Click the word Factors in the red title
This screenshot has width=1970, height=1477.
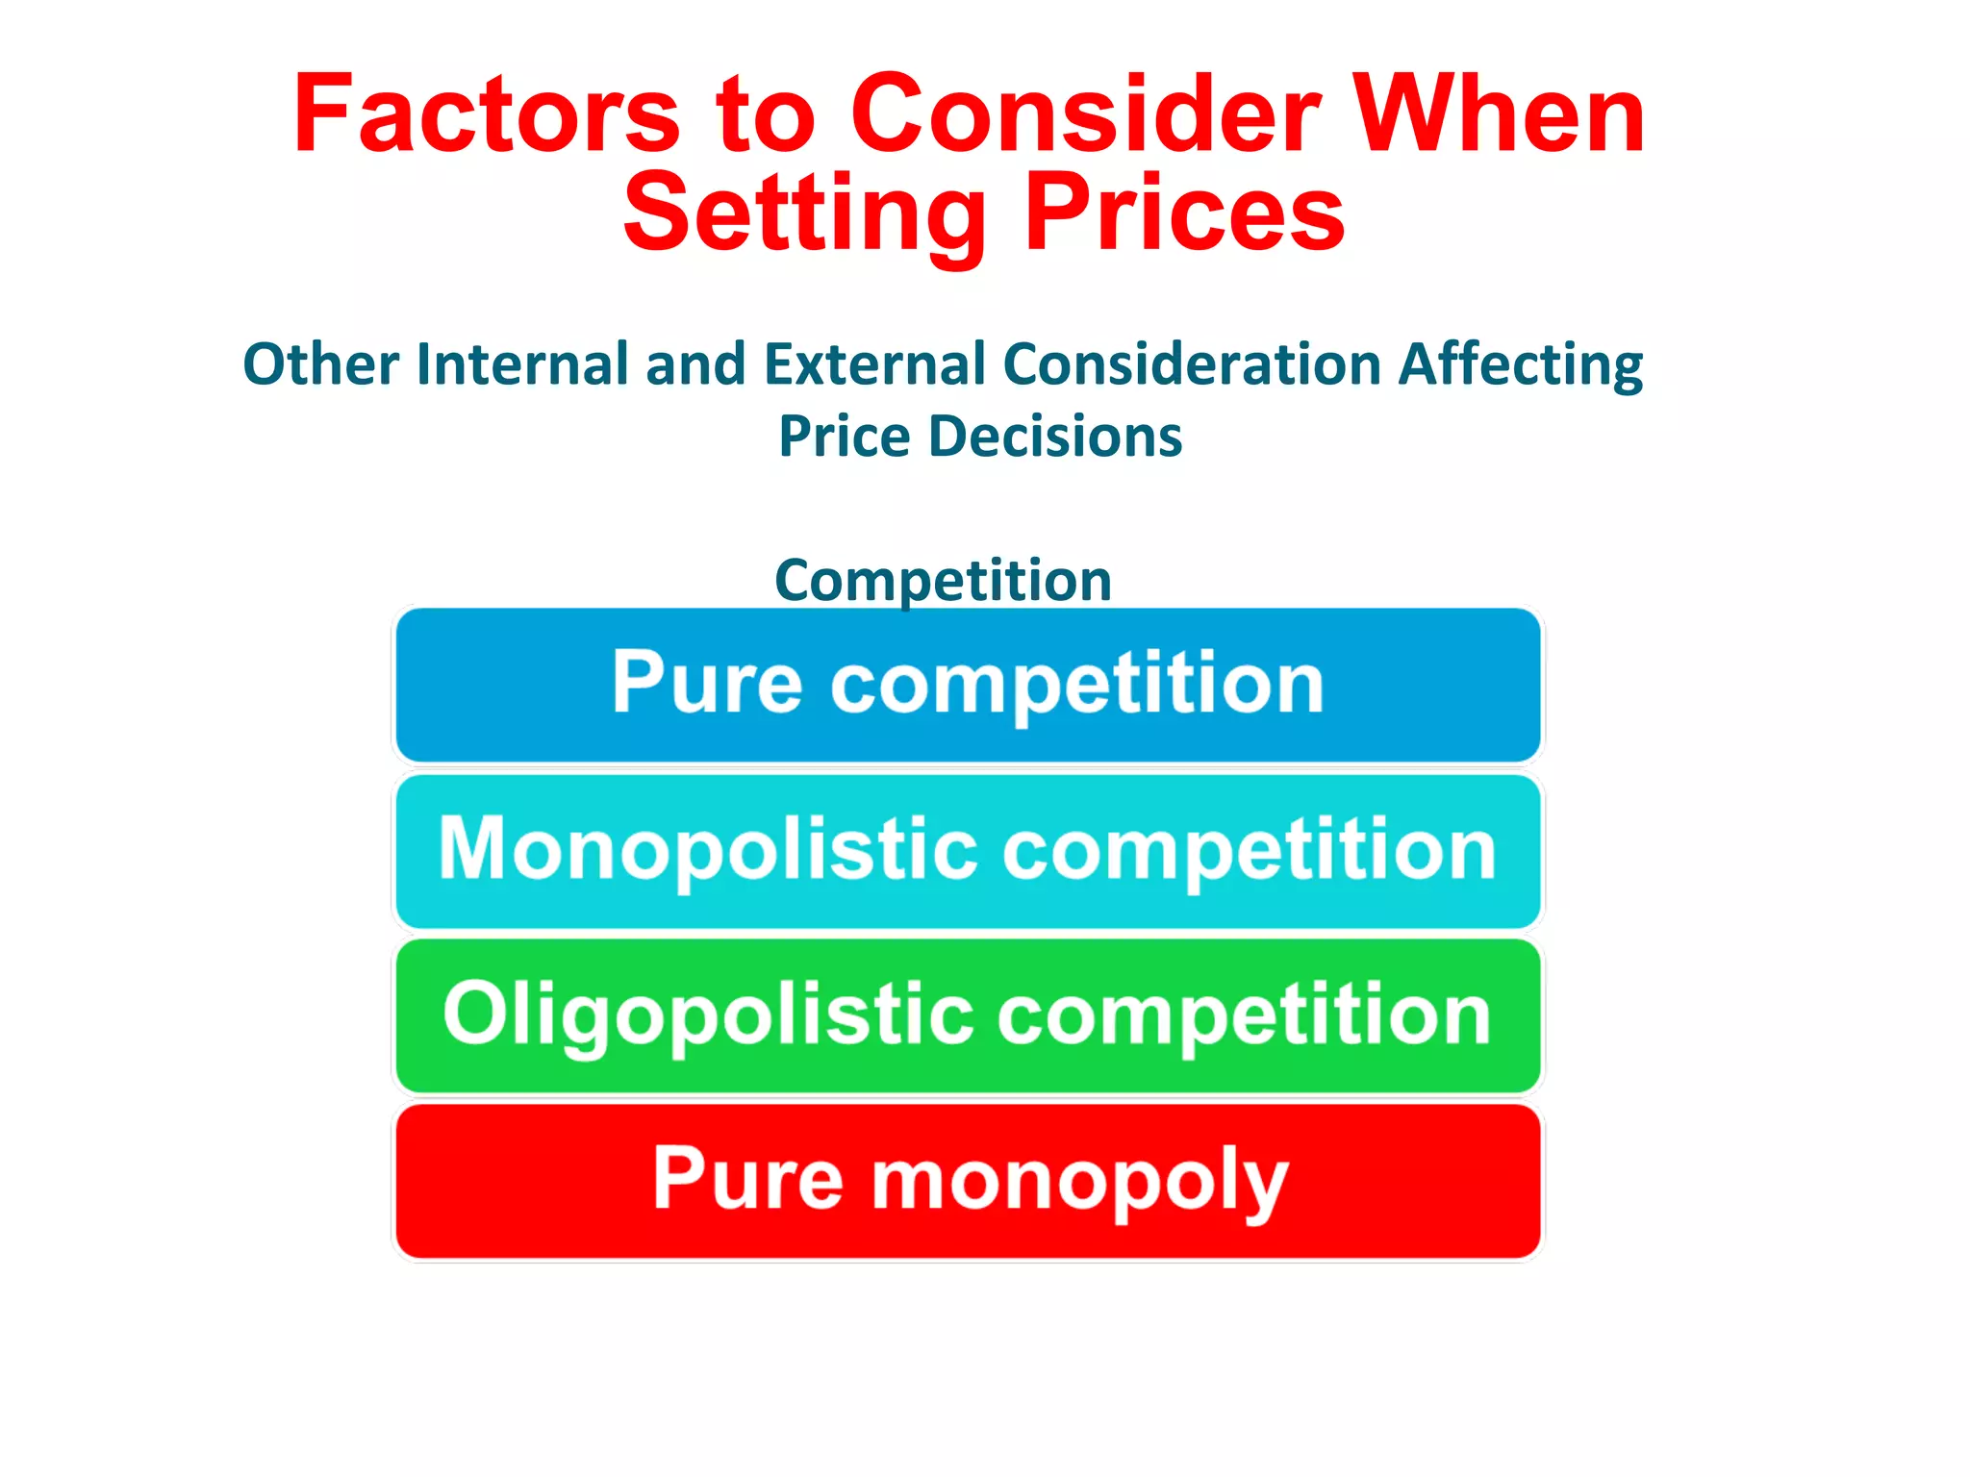point(487,115)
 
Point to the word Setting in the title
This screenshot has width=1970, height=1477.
point(804,213)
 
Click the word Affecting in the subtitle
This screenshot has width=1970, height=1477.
point(1521,366)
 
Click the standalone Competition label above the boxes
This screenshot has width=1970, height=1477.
point(943,580)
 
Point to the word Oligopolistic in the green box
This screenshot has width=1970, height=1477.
point(708,1015)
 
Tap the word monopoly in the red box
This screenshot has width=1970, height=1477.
point(1078,1182)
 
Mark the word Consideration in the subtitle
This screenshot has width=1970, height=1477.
point(1193,364)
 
